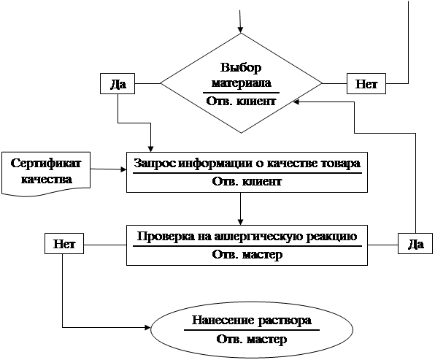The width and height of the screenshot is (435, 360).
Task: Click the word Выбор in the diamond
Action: tap(241, 67)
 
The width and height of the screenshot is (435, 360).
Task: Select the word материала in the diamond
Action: tap(241, 83)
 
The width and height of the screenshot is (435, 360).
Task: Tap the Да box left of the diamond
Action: tap(118, 83)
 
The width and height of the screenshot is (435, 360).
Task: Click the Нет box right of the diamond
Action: tap(366, 83)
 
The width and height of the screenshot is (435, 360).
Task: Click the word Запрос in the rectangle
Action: tap(155, 164)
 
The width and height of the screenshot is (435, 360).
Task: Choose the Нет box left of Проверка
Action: tap(64, 244)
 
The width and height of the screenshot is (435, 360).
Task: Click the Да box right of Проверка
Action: tap(415, 244)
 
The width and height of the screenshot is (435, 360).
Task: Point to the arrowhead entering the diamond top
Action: tap(241, 30)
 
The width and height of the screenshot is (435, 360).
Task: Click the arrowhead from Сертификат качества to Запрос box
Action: tap(123, 169)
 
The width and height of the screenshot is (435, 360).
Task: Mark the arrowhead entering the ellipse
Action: tap(147, 328)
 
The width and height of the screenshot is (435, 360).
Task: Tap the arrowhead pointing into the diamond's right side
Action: tap(296, 102)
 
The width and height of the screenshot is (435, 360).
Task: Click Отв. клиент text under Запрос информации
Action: tap(247, 182)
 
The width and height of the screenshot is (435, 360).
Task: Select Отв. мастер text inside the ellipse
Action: tap(251, 339)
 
